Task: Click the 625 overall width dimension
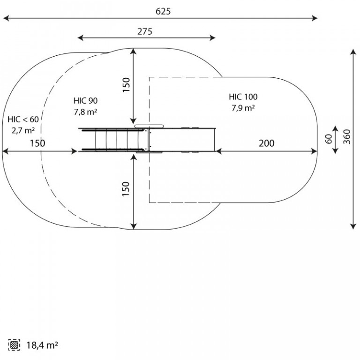click(x=163, y=11)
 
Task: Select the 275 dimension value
click(x=145, y=31)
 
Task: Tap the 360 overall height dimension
click(x=347, y=137)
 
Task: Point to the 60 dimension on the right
click(x=329, y=139)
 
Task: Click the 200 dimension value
click(x=266, y=143)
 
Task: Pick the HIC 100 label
click(x=243, y=97)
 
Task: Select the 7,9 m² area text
click(x=243, y=108)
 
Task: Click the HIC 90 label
click(x=85, y=101)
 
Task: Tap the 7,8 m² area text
click(x=85, y=112)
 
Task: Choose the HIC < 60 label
click(x=23, y=120)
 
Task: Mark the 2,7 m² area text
click(x=23, y=130)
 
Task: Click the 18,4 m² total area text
click(x=42, y=345)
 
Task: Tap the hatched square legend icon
click(x=14, y=345)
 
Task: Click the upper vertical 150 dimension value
click(x=126, y=85)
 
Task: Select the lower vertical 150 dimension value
click(x=126, y=189)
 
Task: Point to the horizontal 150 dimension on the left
click(x=37, y=143)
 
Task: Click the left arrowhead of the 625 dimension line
click(x=6, y=18)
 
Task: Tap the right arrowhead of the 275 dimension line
click(x=212, y=38)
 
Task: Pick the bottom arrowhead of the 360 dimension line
click(x=353, y=226)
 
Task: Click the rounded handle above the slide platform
click(x=149, y=126)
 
